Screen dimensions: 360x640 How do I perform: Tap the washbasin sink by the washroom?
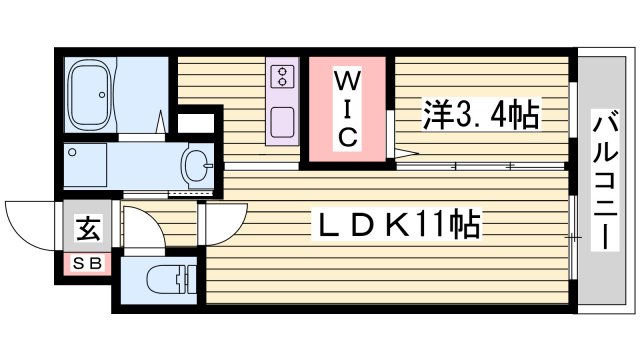tap(198, 163)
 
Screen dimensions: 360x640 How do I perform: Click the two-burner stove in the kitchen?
tap(281, 78)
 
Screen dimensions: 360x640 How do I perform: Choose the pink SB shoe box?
tap(87, 263)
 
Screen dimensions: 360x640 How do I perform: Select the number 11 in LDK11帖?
tap(431, 224)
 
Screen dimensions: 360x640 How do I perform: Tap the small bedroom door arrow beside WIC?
tap(405, 153)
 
